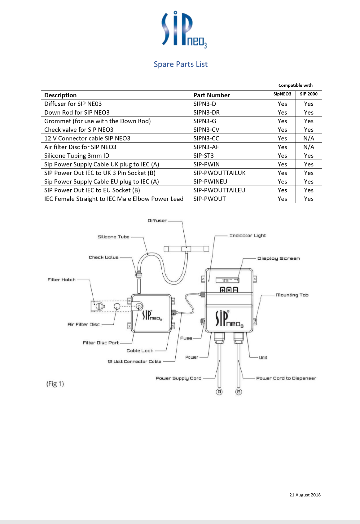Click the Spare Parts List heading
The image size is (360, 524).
(x=180, y=64)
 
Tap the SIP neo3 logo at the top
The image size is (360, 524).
(x=184, y=29)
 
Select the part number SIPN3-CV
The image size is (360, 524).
(x=206, y=130)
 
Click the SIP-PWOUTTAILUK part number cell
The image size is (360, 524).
(x=219, y=173)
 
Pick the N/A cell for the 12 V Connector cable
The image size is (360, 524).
(x=309, y=138)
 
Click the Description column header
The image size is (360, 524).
(x=60, y=95)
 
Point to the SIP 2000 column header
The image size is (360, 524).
(x=309, y=94)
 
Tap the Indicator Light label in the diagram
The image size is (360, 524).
(x=248, y=235)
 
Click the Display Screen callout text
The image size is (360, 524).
(x=278, y=258)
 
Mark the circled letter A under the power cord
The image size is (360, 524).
(x=219, y=392)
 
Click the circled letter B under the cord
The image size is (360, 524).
(x=239, y=392)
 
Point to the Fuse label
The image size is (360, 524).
(x=186, y=338)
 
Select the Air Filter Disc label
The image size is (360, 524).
(x=84, y=324)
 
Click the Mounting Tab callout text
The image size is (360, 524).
(x=292, y=295)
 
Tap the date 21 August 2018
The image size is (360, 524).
(x=305, y=495)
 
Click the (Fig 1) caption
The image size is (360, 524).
(x=55, y=384)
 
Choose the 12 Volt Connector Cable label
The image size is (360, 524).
(x=134, y=361)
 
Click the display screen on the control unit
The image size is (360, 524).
(x=227, y=280)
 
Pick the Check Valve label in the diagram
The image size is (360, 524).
(x=103, y=257)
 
